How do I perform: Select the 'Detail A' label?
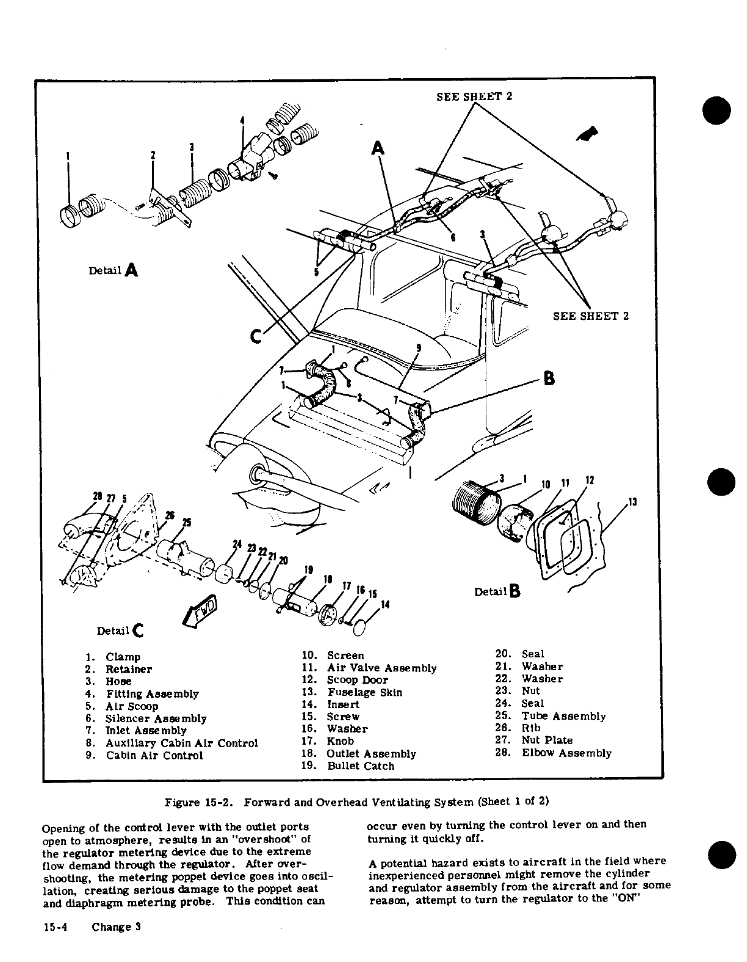(114, 270)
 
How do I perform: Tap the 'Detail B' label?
(497, 591)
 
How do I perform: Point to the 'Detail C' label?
(120, 630)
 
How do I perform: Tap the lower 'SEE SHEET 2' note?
(590, 316)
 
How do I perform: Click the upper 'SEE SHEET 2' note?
(474, 96)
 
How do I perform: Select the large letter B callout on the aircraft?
(549, 379)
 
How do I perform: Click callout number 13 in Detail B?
(632, 502)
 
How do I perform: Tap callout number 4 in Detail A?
(242, 120)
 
